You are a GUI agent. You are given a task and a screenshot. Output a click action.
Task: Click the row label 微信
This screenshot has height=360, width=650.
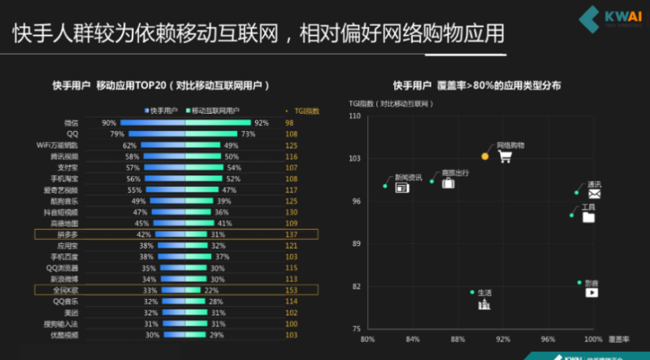coord(71,123)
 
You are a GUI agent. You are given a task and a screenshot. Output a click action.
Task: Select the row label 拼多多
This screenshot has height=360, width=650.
coord(67,233)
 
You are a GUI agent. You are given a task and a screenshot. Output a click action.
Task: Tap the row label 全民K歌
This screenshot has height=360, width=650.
coord(67,289)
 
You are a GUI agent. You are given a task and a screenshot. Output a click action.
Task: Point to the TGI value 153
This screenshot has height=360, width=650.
coord(290,289)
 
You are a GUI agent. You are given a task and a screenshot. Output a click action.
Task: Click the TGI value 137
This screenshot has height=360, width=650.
coord(290,233)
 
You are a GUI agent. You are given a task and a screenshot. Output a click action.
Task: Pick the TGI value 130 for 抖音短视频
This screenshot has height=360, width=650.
coord(290,211)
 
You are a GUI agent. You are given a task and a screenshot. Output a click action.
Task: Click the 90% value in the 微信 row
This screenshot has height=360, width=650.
coord(109,123)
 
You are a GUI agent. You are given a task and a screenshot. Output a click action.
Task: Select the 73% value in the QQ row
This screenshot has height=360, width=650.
coord(249,133)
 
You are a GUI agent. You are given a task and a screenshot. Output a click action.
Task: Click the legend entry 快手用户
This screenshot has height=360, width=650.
coord(162,110)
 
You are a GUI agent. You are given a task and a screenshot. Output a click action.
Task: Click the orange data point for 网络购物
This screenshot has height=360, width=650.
coord(485,155)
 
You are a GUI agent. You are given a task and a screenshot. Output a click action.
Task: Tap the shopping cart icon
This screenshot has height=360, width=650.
coord(505,156)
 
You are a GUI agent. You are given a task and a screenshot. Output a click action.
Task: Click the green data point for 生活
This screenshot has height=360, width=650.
coord(472,292)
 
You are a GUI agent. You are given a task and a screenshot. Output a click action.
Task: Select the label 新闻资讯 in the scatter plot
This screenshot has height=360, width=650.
coord(408,176)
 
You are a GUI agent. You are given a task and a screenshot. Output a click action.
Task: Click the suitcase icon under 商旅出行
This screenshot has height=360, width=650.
coord(448,184)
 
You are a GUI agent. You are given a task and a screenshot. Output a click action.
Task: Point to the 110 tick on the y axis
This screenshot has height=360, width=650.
coord(354,115)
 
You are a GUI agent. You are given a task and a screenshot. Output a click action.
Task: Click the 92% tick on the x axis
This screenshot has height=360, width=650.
coord(504,339)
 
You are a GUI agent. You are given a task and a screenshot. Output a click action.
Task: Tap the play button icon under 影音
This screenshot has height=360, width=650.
coord(591,292)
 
